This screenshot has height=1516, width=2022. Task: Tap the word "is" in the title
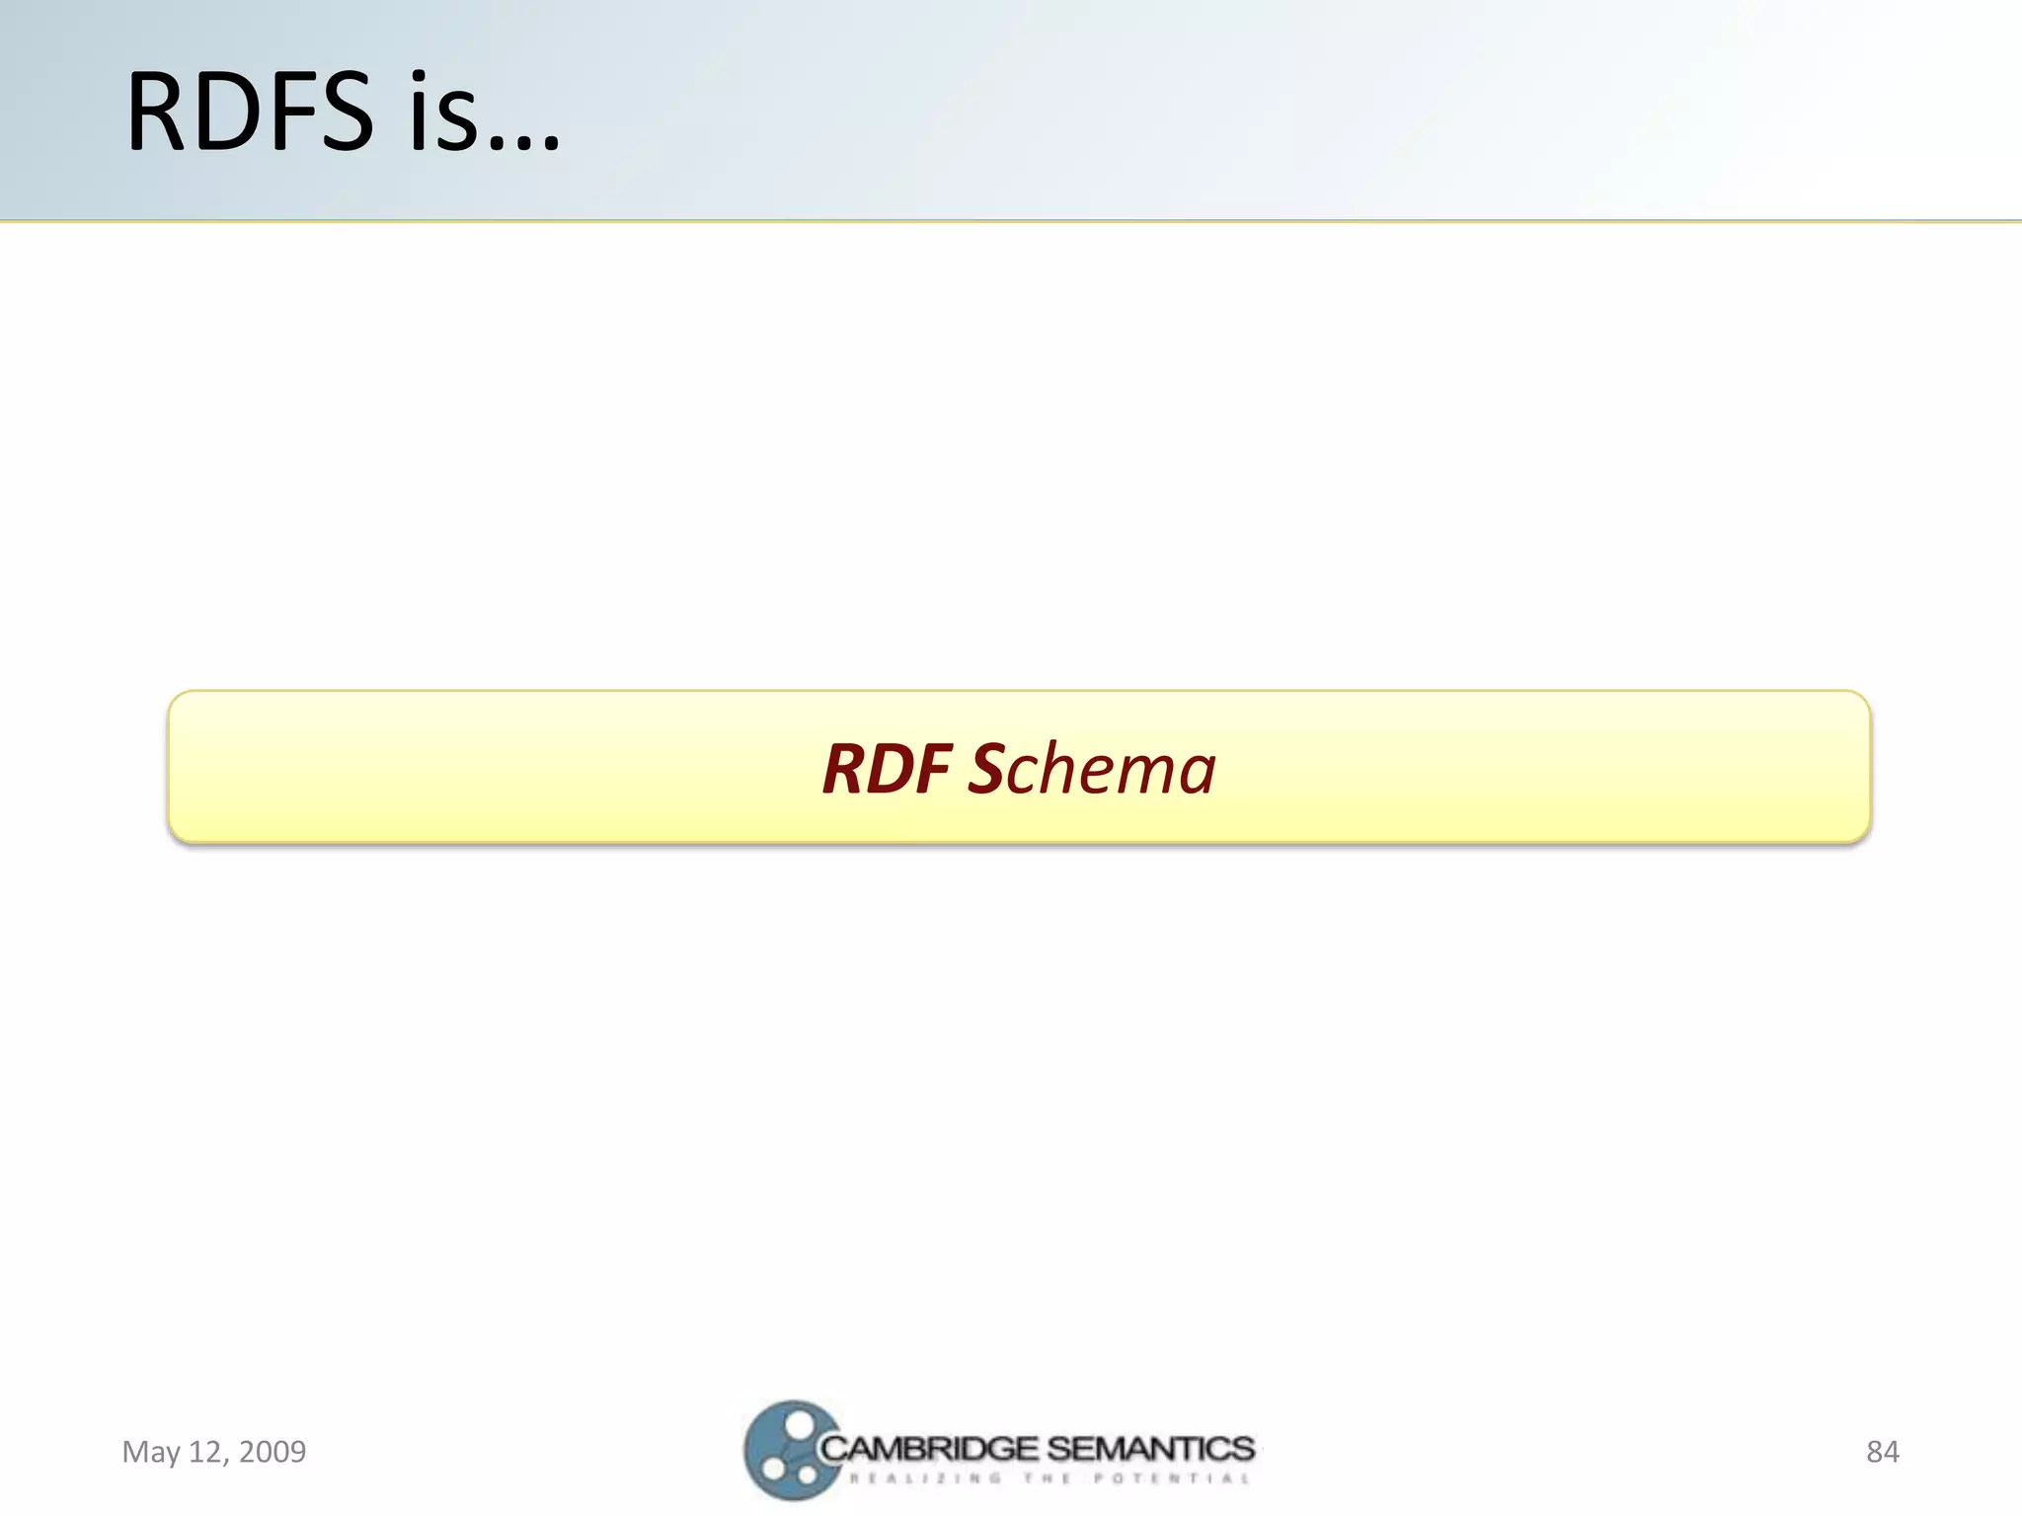pyautogui.click(x=441, y=113)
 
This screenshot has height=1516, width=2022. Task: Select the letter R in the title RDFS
pyautogui.click(x=158, y=113)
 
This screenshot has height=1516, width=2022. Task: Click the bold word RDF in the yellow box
pyautogui.click(x=887, y=769)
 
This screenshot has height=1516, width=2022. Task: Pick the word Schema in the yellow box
pyautogui.click(x=1092, y=769)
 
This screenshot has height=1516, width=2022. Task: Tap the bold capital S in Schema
pyautogui.click(x=986, y=769)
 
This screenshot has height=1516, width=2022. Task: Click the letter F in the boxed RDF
pyautogui.click(x=933, y=769)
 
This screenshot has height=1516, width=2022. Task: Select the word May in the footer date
pyautogui.click(x=151, y=1452)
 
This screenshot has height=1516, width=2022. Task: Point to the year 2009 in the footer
pyautogui.click(x=272, y=1452)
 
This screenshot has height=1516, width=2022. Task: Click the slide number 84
pyautogui.click(x=1882, y=1452)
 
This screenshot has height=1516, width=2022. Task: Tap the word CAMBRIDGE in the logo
pyautogui.click(x=928, y=1449)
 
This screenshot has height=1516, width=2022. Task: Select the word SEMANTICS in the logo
pyautogui.click(x=1150, y=1449)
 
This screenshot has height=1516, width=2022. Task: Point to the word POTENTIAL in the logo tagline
pyautogui.click(x=1171, y=1478)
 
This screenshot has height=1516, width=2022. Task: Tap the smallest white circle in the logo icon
pyautogui.click(x=808, y=1476)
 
